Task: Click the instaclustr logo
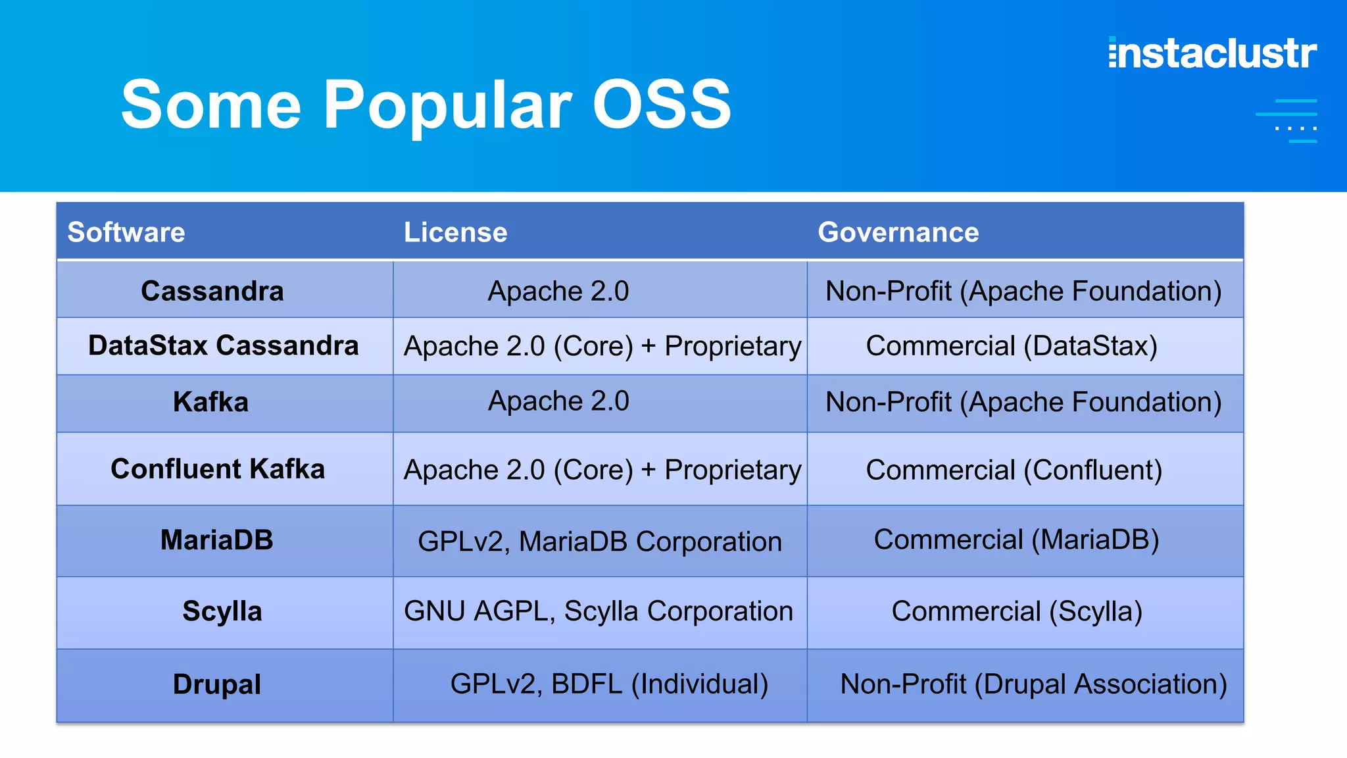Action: pyautogui.click(x=1212, y=53)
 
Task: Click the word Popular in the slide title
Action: pyautogui.click(x=447, y=105)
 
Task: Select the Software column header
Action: pyautogui.click(x=126, y=232)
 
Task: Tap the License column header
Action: pyautogui.click(x=455, y=232)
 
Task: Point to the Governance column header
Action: pyautogui.click(x=898, y=232)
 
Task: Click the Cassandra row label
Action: pyautogui.click(x=212, y=291)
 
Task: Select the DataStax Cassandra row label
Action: pyautogui.click(x=224, y=345)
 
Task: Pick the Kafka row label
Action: pyautogui.click(x=210, y=402)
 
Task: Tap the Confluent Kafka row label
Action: pyautogui.click(x=218, y=469)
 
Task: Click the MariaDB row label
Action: pyautogui.click(x=216, y=540)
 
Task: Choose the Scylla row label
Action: pyautogui.click(x=222, y=611)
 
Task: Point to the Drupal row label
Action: pyautogui.click(x=216, y=684)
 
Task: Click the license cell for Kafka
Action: pyautogui.click(x=558, y=401)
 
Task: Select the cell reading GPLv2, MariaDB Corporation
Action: pyautogui.click(x=600, y=542)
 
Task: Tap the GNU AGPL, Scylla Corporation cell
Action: pyautogui.click(x=599, y=611)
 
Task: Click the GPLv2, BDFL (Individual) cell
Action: pyautogui.click(x=609, y=684)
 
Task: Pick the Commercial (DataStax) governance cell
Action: pyautogui.click(x=1012, y=346)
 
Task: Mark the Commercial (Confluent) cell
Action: pyautogui.click(x=1014, y=470)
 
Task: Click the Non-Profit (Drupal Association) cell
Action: pyautogui.click(x=1033, y=684)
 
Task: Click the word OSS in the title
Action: pyautogui.click(x=662, y=105)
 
